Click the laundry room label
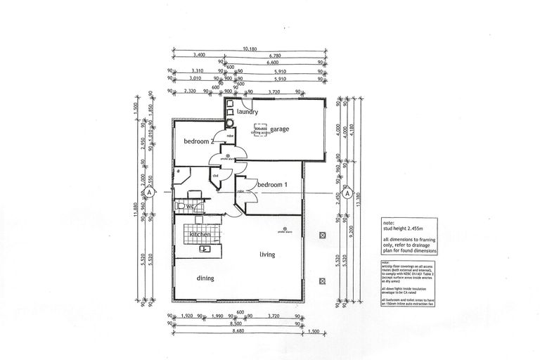pyautogui.click(x=247, y=112)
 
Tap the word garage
pyautogui.click(x=280, y=129)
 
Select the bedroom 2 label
pyautogui.click(x=198, y=141)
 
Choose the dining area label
pyautogui.click(x=205, y=278)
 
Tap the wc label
pyautogui.click(x=191, y=207)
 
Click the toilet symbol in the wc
pyautogui.click(x=181, y=206)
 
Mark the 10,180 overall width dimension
pyautogui.click(x=250, y=49)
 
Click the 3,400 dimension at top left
pyautogui.click(x=198, y=54)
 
